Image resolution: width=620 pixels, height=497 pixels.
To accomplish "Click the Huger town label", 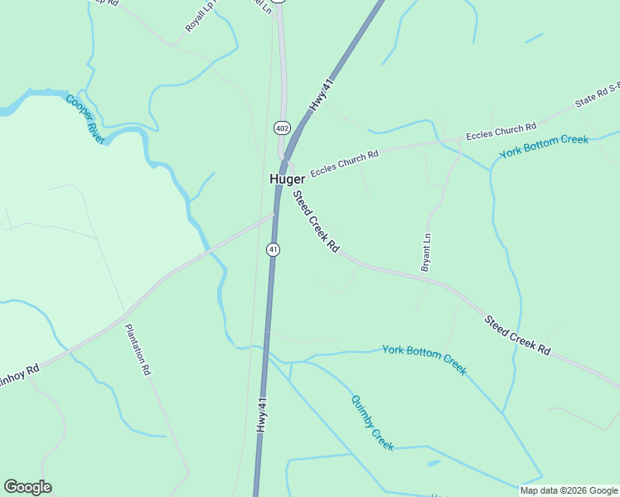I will (x=287, y=179).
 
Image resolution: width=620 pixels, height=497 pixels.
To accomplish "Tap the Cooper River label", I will (x=85, y=119).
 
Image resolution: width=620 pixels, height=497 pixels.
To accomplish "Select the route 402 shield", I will (x=282, y=128).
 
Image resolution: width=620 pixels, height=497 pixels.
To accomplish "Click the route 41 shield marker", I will (x=273, y=248).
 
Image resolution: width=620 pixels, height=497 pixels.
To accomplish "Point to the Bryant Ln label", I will (x=427, y=252).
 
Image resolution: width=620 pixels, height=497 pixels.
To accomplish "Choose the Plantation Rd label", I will (x=138, y=350).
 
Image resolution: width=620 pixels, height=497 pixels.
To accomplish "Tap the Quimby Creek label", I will (x=372, y=422).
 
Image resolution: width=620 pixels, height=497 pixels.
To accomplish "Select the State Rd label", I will (x=597, y=98).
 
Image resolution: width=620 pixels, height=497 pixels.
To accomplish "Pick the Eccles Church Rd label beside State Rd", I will (x=501, y=131).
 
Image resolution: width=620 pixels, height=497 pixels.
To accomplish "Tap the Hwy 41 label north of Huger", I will (x=322, y=95).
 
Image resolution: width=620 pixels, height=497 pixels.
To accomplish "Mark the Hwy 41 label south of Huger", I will (x=262, y=415).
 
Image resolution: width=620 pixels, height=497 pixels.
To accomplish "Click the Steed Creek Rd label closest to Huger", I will (x=316, y=221).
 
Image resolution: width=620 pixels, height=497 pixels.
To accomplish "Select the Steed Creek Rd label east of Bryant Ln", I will (x=517, y=335).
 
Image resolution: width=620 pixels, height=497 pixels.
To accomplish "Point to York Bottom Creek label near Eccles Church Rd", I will (x=544, y=147).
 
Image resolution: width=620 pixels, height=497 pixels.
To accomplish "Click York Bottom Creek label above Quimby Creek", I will (x=424, y=359).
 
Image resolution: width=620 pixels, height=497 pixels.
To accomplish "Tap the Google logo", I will (x=27, y=487).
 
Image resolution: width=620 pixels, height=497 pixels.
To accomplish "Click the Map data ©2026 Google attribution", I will (x=569, y=490).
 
